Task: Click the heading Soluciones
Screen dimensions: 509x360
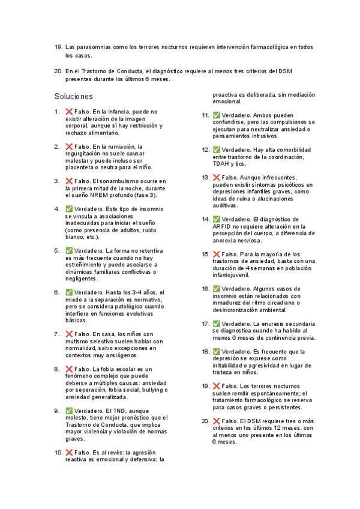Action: (x=73, y=96)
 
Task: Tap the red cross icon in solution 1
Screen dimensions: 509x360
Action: (x=69, y=111)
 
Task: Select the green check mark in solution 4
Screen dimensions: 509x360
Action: (x=69, y=208)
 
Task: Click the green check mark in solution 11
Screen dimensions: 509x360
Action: (x=217, y=115)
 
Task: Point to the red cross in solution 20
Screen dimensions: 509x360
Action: (x=217, y=421)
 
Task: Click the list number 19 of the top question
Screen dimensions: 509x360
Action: (x=58, y=47)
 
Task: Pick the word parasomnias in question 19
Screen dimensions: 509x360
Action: (x=94, y=47)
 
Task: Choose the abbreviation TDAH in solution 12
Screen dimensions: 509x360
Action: (x=221, y=163)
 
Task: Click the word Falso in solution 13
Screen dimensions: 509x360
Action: (x=230, y=178)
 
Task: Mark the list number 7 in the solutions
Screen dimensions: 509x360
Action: (x=56, y=334)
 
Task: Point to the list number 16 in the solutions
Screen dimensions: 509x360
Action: (x=205, y=289)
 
